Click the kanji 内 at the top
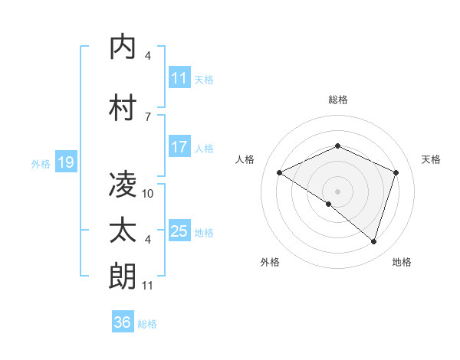(123, 47)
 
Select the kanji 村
(123, 107)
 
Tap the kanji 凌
(123, 184)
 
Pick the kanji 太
(123, 231)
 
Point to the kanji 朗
(123, 277)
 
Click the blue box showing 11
(179, 78)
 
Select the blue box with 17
(179, 147)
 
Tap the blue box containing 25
(179, 231)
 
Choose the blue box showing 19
(65, 162)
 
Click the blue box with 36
(122, 322)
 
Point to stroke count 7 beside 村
(147, 116)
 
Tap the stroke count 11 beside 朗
(148, 286)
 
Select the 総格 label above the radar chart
(337, 100)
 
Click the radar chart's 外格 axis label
(270, 262)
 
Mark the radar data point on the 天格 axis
(396, 172)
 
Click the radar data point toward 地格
(373, 241)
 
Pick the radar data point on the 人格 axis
(279, 172)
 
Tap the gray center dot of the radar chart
(337, 191)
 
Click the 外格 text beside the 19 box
(41, 163)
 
